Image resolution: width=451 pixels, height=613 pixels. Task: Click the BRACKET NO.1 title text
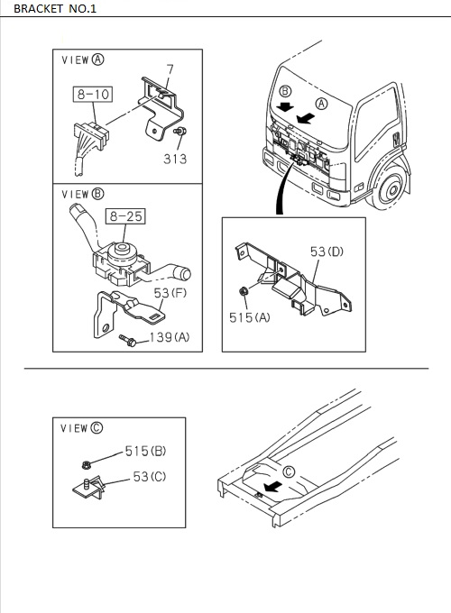tap(55, 8)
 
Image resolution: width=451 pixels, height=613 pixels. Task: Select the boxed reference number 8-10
tap(93, 95)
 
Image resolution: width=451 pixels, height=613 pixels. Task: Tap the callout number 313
tap(175, 160)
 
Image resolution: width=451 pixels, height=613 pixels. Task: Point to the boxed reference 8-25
tap(125, 216)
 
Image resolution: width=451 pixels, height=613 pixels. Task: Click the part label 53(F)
tap(170, 293)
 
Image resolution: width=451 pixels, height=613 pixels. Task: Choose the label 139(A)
tap(170, 337)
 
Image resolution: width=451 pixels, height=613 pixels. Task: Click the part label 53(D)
tap(327, 252)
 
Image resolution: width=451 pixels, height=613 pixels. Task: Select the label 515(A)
tap(250, 317)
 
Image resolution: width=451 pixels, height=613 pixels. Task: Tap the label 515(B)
tap(145, 451)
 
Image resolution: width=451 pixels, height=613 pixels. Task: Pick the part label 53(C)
tap(150, 477)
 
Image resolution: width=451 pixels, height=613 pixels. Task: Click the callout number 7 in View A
tap(170, 69)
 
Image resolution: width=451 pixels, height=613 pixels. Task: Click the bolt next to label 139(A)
tap(128, 341)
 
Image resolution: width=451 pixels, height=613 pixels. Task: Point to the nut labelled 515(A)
tap(244, 291)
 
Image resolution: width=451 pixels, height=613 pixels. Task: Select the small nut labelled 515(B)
tap(87, 465)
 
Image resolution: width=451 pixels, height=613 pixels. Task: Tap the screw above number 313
tap(180, 132)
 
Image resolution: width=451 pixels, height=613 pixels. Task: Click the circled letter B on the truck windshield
tap(285, 91)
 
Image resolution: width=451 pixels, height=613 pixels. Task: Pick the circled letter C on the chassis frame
tap(289, 471)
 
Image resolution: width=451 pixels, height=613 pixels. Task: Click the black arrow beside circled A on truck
tap(306, 118)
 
